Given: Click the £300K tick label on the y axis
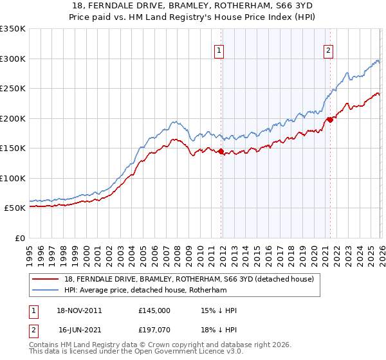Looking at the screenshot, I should (x=13, y=59).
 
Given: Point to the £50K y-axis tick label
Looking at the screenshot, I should (x=15, y=208).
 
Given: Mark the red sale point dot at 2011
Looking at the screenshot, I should (x=221, y=152).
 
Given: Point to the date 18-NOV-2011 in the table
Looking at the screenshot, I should (x=80, y=310).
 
